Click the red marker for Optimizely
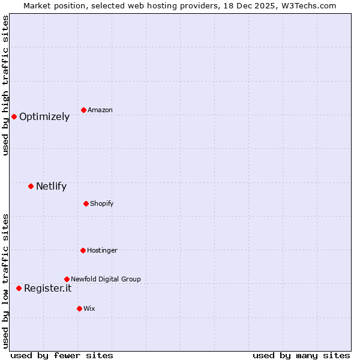point(14,116)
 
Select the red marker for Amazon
point(83,110)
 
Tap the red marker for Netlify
point(31,186)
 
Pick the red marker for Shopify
point(86,203)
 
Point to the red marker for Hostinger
point(83,250)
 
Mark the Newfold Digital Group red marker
point(67,279)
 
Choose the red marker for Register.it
point(19,288)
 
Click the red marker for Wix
point(79,308)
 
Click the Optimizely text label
point(44,117)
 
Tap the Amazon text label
point(100,110)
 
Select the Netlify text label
point(51,187)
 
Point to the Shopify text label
point(102,204)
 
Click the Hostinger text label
point(102,251)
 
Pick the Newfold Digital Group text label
point(106,280)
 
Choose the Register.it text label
point(47,289)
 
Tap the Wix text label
point(89,309)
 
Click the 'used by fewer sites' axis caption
point(62,355)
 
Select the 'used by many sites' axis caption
point(301,355)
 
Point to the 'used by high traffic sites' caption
point(5,85)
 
